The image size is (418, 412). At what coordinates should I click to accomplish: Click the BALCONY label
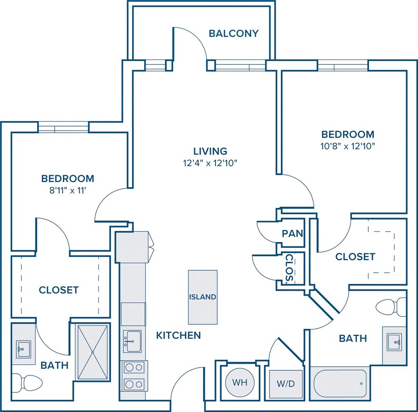coord(233,33)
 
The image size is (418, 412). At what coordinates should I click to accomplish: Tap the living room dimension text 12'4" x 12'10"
coord(210,163)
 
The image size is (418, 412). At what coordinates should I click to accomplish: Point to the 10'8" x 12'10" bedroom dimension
coord(348,146)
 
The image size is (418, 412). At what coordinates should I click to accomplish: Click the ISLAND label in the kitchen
coord(202,297)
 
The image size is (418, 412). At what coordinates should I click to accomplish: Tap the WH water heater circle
coord(240,383)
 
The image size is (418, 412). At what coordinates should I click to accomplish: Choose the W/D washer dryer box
coord(286,384)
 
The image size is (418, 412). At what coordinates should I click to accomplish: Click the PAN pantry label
coord(293,234)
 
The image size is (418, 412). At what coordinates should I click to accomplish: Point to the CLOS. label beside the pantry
coord(289,268)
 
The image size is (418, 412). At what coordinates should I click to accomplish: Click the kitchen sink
coord(133,342)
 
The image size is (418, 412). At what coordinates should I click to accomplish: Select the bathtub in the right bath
coord(340,383)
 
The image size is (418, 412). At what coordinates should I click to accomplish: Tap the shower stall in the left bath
coord(93,352)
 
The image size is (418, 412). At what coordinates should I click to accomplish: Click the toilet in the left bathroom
coord(27,383)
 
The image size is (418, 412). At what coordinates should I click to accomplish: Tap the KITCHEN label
coord(178,336)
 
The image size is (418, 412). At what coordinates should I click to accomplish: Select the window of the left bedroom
coord(63,127)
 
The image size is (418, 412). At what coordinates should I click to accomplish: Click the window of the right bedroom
coord(342,66)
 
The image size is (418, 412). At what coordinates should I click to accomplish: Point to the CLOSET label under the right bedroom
coord(355,257)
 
